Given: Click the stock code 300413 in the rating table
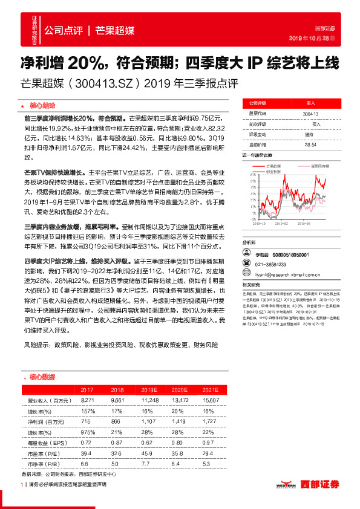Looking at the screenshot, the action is click(x=310, y=114).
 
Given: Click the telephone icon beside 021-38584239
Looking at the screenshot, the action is click(x=246, y=264).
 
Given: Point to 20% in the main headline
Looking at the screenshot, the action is click(x=85, y=63).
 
